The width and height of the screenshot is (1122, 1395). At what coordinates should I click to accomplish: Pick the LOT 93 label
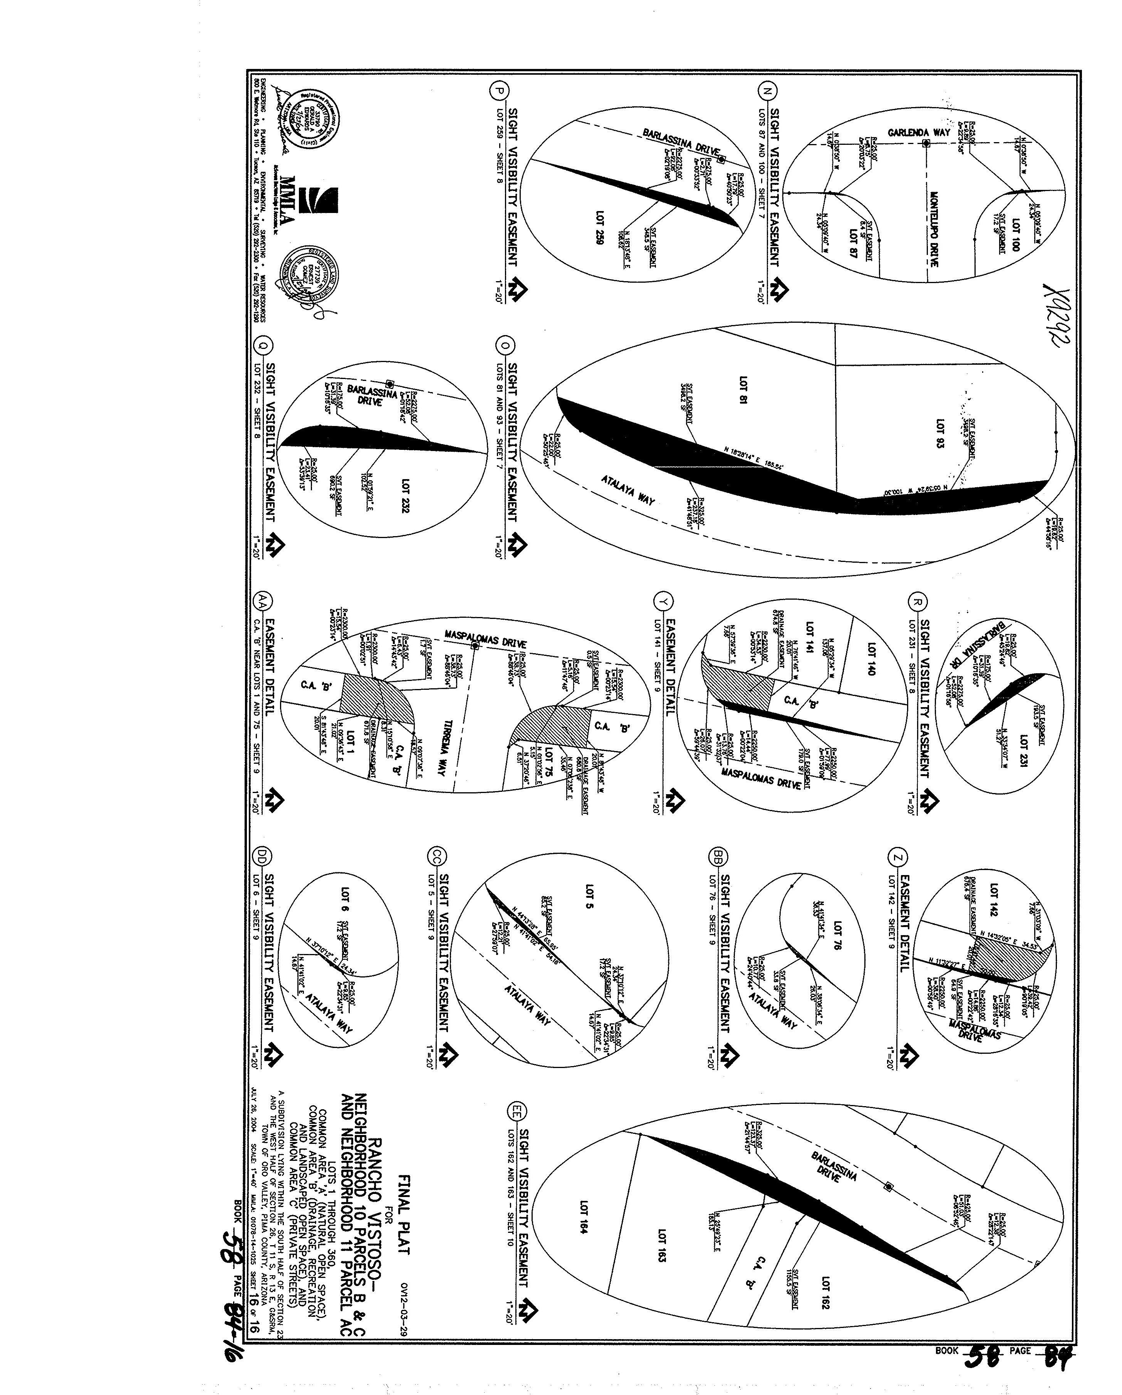point(939,434)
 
